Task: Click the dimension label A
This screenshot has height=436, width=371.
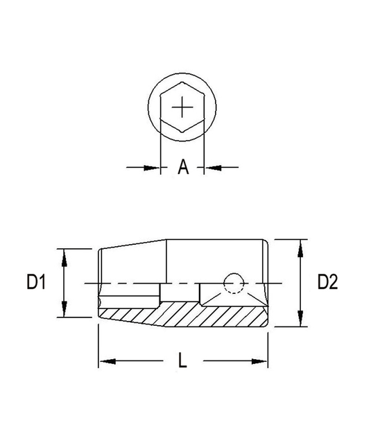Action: tap(183, 167)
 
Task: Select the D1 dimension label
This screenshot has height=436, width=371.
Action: tap(36, 281)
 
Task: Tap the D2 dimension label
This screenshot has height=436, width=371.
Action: tap(327, 281)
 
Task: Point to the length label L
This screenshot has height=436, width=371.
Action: tap(182, 360)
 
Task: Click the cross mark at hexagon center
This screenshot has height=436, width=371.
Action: tap(182, 107)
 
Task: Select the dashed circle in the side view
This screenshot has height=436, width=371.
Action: tap(234, 284)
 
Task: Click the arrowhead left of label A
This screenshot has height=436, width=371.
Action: tap(152, 167)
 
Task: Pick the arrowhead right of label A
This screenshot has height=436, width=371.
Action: tap(213, 167)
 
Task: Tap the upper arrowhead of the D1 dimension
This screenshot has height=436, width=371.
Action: tap(64, 257)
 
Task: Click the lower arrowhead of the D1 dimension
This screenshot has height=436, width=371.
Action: tap(64, 308)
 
